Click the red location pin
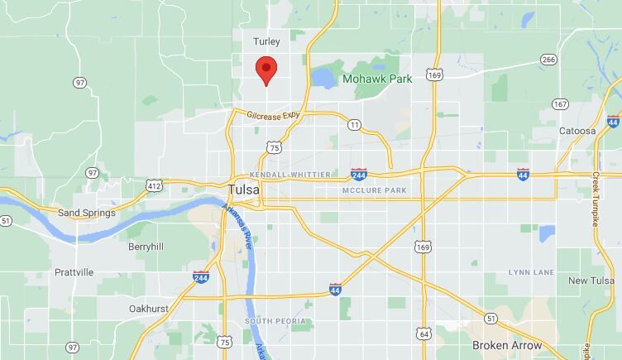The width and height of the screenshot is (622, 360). click(266, 70)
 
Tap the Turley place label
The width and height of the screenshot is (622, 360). click(266, 41)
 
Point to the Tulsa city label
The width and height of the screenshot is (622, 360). click(242, 190)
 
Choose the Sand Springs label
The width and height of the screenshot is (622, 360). click(86, 213)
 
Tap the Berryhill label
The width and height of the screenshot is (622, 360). click(146, 247)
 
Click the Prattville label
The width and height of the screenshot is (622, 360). click(74, 271)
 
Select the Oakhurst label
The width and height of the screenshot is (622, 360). click(150, 309)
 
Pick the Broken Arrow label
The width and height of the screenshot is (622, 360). click(507, 345)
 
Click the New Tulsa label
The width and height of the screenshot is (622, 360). click(591, 281)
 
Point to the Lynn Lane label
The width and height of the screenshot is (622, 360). click(531, 271)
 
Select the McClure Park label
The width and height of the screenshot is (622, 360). click(375, 191)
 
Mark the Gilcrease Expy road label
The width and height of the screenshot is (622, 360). click(272, 115)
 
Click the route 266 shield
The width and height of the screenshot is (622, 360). click(548, 60)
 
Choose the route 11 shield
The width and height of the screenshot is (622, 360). click(354, 125)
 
